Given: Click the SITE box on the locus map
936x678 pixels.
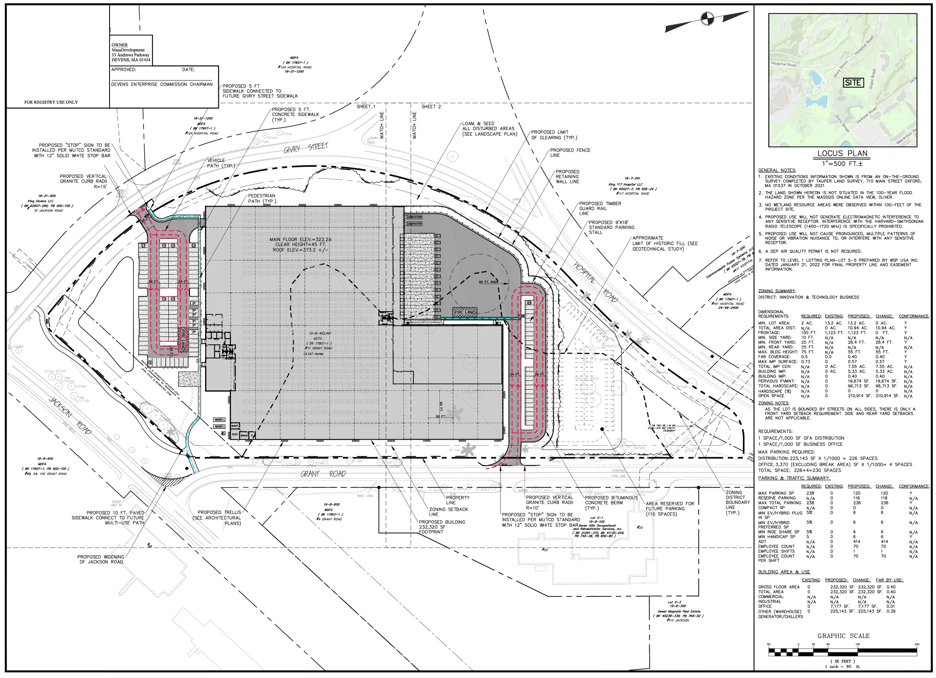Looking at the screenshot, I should tap(852, 82).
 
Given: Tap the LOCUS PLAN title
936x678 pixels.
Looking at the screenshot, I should tap(842, 153).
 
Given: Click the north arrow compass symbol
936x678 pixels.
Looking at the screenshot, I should tap(707, 18).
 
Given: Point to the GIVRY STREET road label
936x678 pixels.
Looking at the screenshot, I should tap(306, 148).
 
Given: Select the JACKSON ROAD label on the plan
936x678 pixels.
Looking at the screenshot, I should tap(70, 415).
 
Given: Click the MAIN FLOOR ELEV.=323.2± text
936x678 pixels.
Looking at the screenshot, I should tap(300, 240).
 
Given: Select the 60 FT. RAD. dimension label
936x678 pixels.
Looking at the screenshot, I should tap(489, 282).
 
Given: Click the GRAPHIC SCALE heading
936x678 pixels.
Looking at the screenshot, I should tap(843, 636).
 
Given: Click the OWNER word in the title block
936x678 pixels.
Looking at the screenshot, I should tap(120, 45).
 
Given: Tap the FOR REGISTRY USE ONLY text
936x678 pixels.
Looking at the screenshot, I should tap(51, 102).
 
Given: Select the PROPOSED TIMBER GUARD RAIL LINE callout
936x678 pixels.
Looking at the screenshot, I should tap(600, 208).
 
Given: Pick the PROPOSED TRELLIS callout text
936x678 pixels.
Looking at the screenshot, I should tap(218, 517).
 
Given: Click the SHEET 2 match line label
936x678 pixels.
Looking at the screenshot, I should tap(431, 106).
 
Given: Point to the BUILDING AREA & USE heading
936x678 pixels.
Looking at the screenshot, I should tap(784, 572).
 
